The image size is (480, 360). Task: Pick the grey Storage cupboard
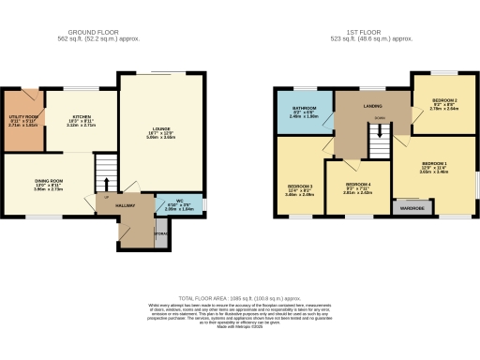[x=160, y=232]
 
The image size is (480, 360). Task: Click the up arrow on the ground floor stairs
[x=107, y=184]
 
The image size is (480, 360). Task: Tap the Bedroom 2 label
[x=443, y=100]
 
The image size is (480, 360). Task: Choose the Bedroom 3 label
[x=299, y=190]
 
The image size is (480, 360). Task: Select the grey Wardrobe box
[x=412, y=206]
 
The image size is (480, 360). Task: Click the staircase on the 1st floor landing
[x=378, y=145]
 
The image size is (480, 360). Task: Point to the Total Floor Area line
[x=239, y=296]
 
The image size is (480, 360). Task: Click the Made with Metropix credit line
[x=239, y=326]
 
